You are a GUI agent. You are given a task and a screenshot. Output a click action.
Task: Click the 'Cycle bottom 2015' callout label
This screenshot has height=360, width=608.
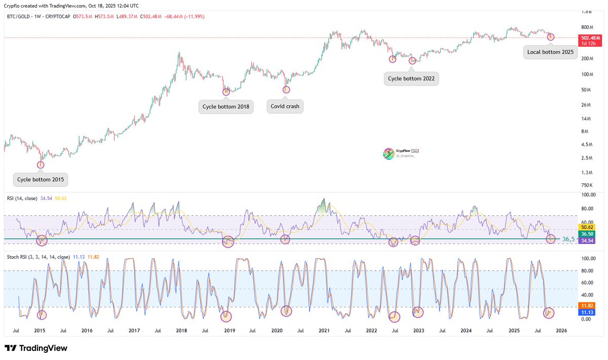pyautogui.click(x=41, y=179)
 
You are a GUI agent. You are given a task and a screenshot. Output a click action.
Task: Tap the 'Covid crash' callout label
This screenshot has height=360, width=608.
pyautogui.click(x=285, y=106)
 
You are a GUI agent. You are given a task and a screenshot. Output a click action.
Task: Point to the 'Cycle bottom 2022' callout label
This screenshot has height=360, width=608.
pyautogui.click(x=411, y=78)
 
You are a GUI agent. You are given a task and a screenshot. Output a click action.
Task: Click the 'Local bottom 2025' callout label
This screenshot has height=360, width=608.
pyautogui.click(x=550, y=52)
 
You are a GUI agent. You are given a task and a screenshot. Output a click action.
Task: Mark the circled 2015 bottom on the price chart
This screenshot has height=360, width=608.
pyautogui.click(x=41, y=164)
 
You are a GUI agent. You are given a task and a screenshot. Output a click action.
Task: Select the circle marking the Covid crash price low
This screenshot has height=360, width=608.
pyautogui.click(x=286, y=90)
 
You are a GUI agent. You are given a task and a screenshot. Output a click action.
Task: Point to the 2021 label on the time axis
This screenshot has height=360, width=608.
pyautogui.click(x=324, y=330)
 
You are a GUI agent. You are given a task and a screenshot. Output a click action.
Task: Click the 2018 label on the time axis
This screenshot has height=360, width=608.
pyautogui.click(x=181, y=330)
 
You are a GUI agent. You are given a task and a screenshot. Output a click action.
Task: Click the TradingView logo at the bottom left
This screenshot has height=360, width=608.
pyautogui.click(x=36, y=348)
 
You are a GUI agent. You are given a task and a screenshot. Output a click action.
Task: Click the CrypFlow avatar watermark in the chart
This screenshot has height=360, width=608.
pyautogui.click(x=389, y=153)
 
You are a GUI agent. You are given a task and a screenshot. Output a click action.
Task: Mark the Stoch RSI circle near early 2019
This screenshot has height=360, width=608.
pyautogui.click(x=226, y=316)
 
